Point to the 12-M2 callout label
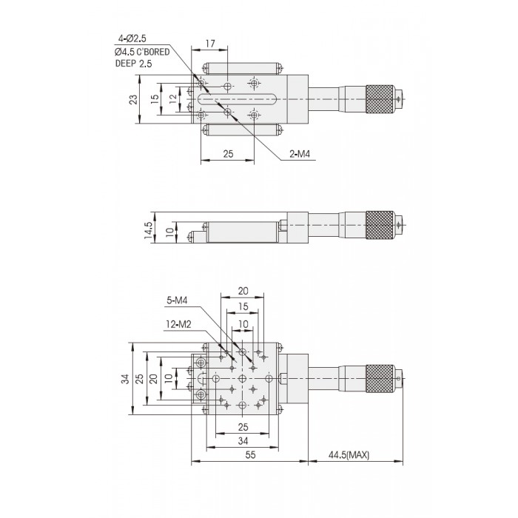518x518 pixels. (178, 323)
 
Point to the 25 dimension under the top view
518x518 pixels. (227, 153)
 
